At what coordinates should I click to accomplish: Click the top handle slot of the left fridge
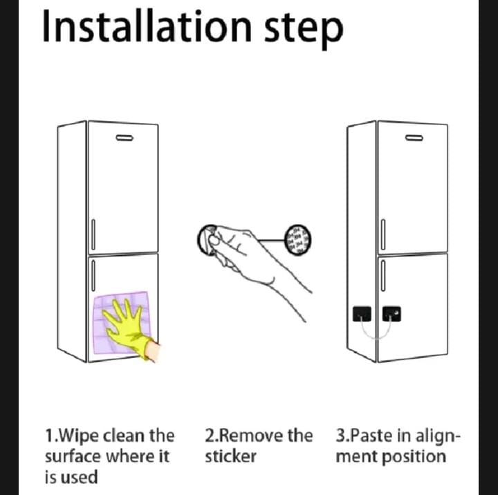[124, 138]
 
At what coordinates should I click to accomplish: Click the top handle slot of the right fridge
[414, 138]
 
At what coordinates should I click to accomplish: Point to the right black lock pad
[393, 315]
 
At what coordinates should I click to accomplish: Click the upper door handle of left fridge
[94, 235]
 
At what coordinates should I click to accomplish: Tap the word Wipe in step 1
[79, 436]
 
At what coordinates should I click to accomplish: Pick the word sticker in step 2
[230, 457]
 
